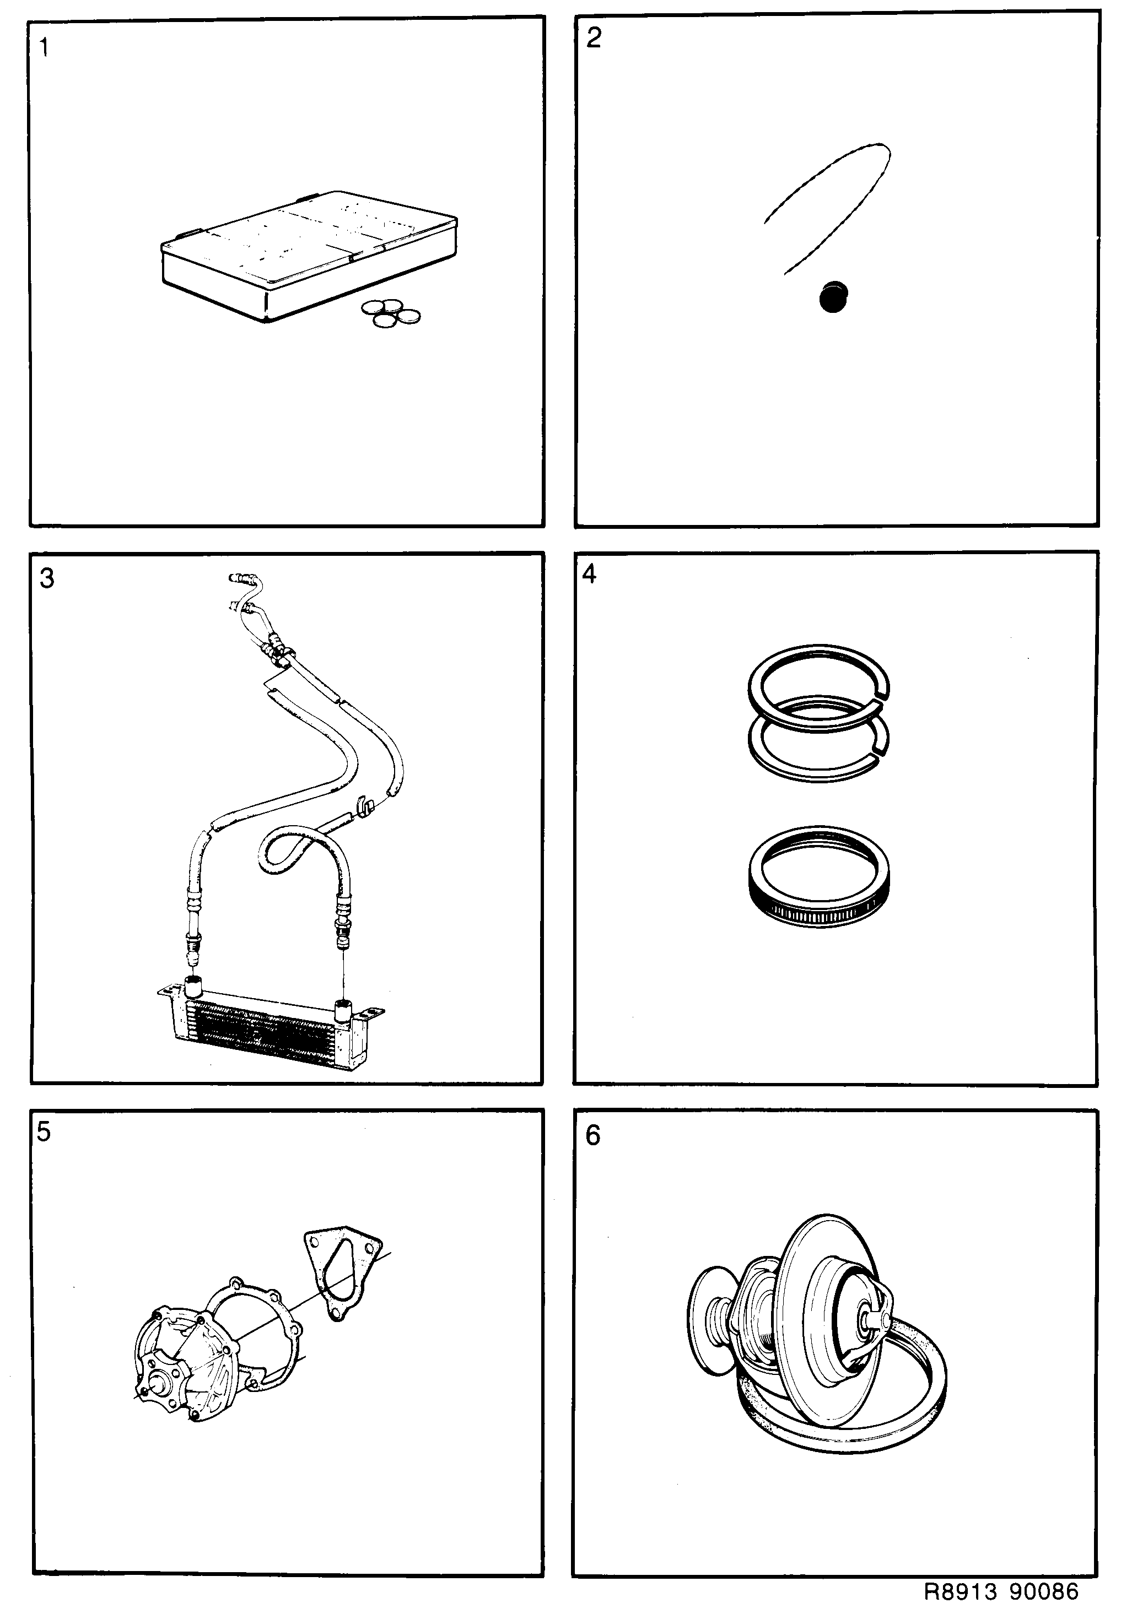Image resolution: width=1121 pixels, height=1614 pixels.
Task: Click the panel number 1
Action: tap(44, 48)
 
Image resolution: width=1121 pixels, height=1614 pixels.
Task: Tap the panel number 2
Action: tap(594, 39)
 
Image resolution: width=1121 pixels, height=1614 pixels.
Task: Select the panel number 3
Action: tap(46, 578)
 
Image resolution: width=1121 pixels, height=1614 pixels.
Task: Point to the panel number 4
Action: tap(589, 575)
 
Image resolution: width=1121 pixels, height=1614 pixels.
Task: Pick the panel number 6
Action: tap(593, 1135)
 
